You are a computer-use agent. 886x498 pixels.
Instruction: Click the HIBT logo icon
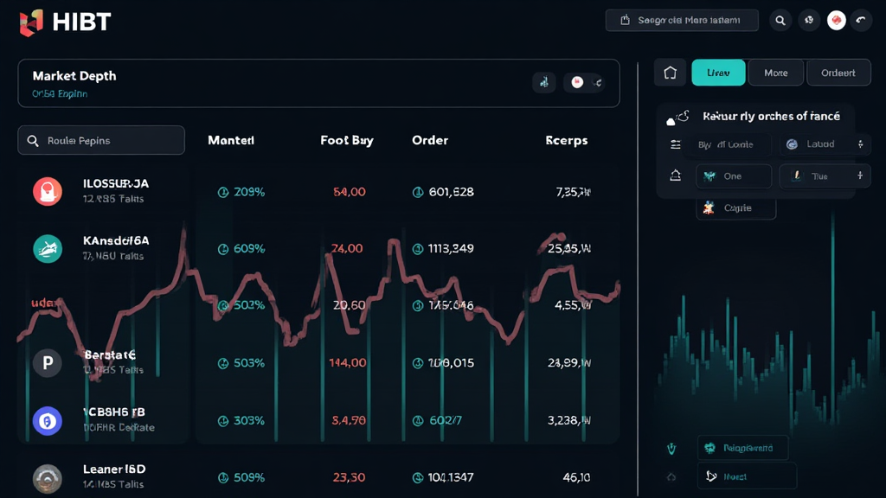click(x=31, y=22)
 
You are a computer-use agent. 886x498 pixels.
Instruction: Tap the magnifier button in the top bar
click(x=780, y=21)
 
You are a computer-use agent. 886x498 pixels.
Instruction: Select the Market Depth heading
click(x=74, y=76)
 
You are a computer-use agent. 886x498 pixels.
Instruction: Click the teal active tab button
click(x=718, y=73)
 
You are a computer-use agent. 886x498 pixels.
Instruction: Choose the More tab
click(x=775, y=73)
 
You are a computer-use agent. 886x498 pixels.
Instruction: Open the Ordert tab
click(x=838, y=73)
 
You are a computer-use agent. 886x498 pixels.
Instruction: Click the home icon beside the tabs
click(x=670, y=73)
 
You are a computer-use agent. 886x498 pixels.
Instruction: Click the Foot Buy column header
click(x=347, y=140)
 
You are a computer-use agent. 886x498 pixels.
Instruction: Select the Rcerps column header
click(x=567, y=140)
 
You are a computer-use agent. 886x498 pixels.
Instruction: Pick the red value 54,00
click(x=349, y=192)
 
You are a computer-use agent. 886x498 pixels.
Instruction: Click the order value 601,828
click(x=451, y=192)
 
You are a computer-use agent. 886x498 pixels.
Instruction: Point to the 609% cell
click(x=249, y=249)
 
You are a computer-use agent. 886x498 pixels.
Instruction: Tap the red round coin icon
click(x=48, y=191)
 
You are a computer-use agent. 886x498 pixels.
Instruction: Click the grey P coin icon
click(x=48, y=363)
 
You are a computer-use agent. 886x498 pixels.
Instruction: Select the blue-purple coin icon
click(x=48, y=421)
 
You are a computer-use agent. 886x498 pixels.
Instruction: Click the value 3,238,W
click(x=569, y=421)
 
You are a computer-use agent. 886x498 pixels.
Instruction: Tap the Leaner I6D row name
click(x=114, y=469)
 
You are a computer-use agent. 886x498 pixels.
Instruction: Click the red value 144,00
click(x=348, y=363)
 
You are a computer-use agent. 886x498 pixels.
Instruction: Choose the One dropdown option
click(x=733, y=176)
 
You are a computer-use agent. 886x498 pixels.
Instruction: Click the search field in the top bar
click(x=683, y=21)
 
